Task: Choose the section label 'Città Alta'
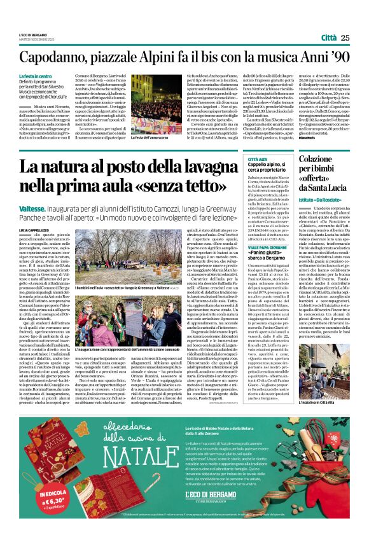257,160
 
